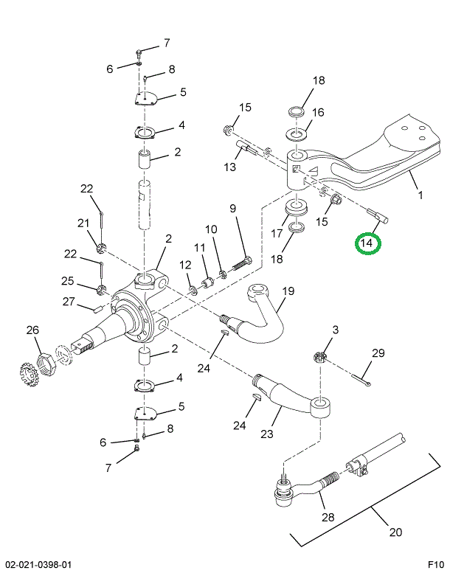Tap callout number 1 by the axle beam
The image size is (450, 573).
[x=420, y=196]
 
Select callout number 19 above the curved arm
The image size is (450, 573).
[x=287, y=291]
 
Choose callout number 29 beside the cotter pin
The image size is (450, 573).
[x=378, y=353]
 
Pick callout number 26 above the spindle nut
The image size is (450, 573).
[x=32, y=330]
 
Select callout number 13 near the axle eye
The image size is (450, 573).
[x=231, y=167]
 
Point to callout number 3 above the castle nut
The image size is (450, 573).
[x=335, y=330]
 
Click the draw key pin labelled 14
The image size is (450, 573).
[x=381, y=218]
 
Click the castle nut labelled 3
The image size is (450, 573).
[x=320, y=357]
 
